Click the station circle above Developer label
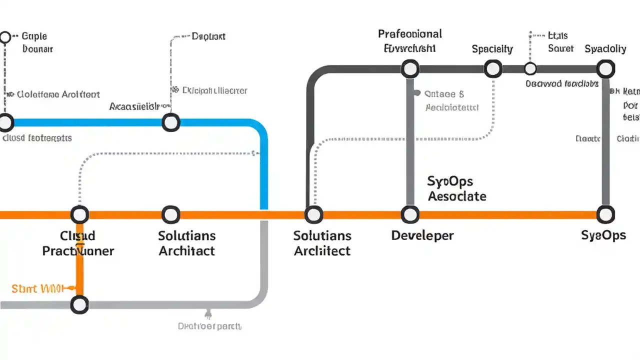click(x=410, y=215)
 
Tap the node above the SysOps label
click(x=605, y=215)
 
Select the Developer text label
click(x=422, y=235)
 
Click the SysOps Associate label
click(x=456, y=188)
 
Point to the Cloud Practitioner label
click(x=78, y=243)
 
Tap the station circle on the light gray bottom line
click(x=79, y=304)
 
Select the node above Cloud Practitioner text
click(x=79, y=215)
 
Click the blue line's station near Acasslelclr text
click(x=171, y=122)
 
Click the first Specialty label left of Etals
click(x=492, y=49)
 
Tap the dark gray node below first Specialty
click(x=493, y=68)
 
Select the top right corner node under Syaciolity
click(x=605, y=68)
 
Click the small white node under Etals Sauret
click(x=530, y=68)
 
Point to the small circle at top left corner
click(x=5, y=37)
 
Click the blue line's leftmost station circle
click(x=6, y=122)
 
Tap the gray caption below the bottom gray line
click(x=209, y=326)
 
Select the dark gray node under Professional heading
click(x=410, y=68)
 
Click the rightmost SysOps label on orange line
click(x=603, y=235)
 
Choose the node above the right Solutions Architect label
click(x=313, y=215)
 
